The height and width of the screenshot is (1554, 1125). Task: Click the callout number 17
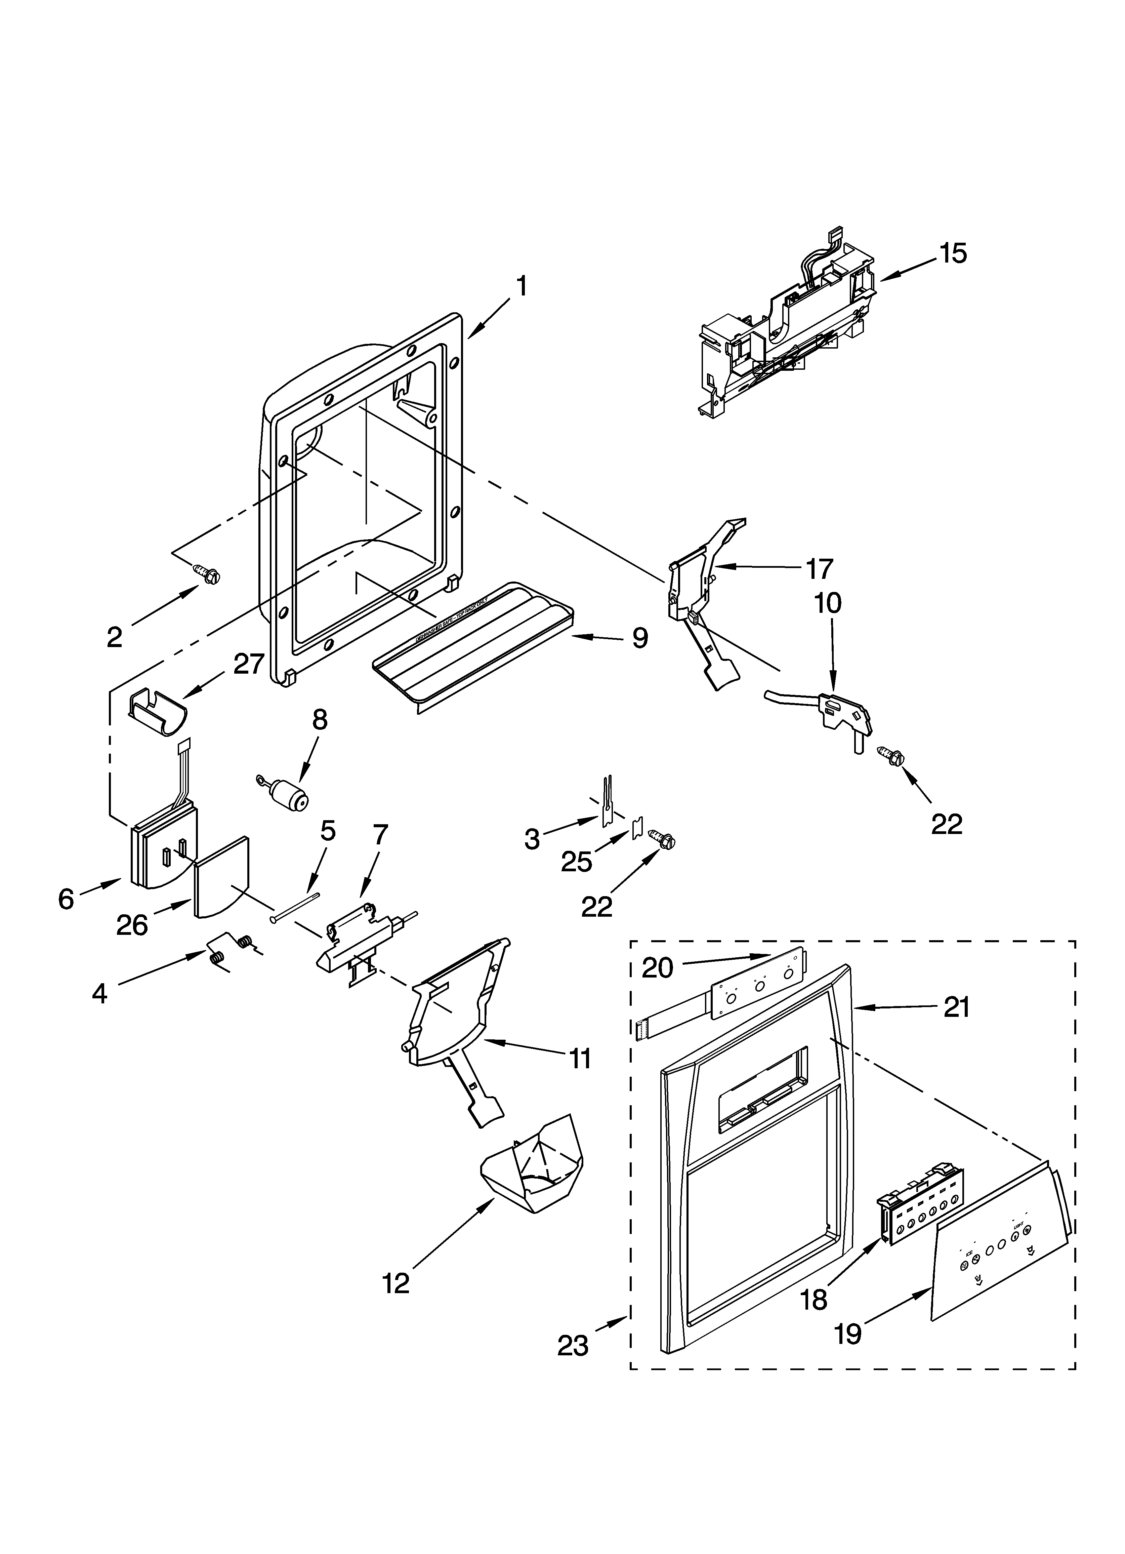(819, 568)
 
